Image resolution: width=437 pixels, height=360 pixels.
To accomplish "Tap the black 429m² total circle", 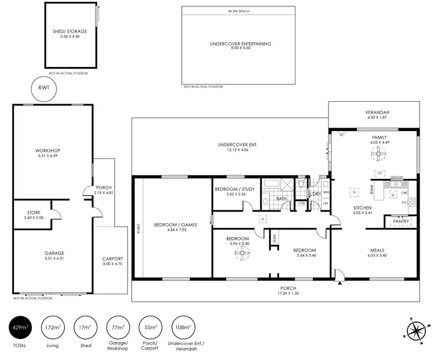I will click(x=22, y=328).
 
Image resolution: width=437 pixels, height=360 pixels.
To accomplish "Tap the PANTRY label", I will click(x=400, y=221).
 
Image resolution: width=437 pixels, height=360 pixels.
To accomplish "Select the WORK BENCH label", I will click(x=240, y=12).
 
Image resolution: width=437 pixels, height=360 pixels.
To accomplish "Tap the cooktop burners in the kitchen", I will click(x=413, y=203).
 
